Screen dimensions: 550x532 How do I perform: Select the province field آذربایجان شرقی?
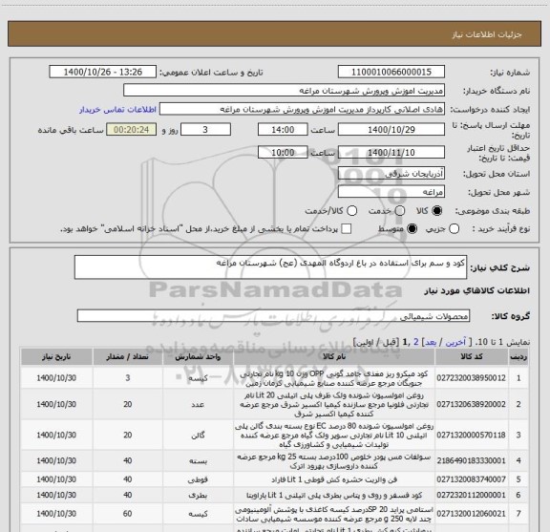(372, 171)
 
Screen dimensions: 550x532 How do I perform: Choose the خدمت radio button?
(351, 209)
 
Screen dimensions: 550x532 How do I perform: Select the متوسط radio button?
(412, 229)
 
